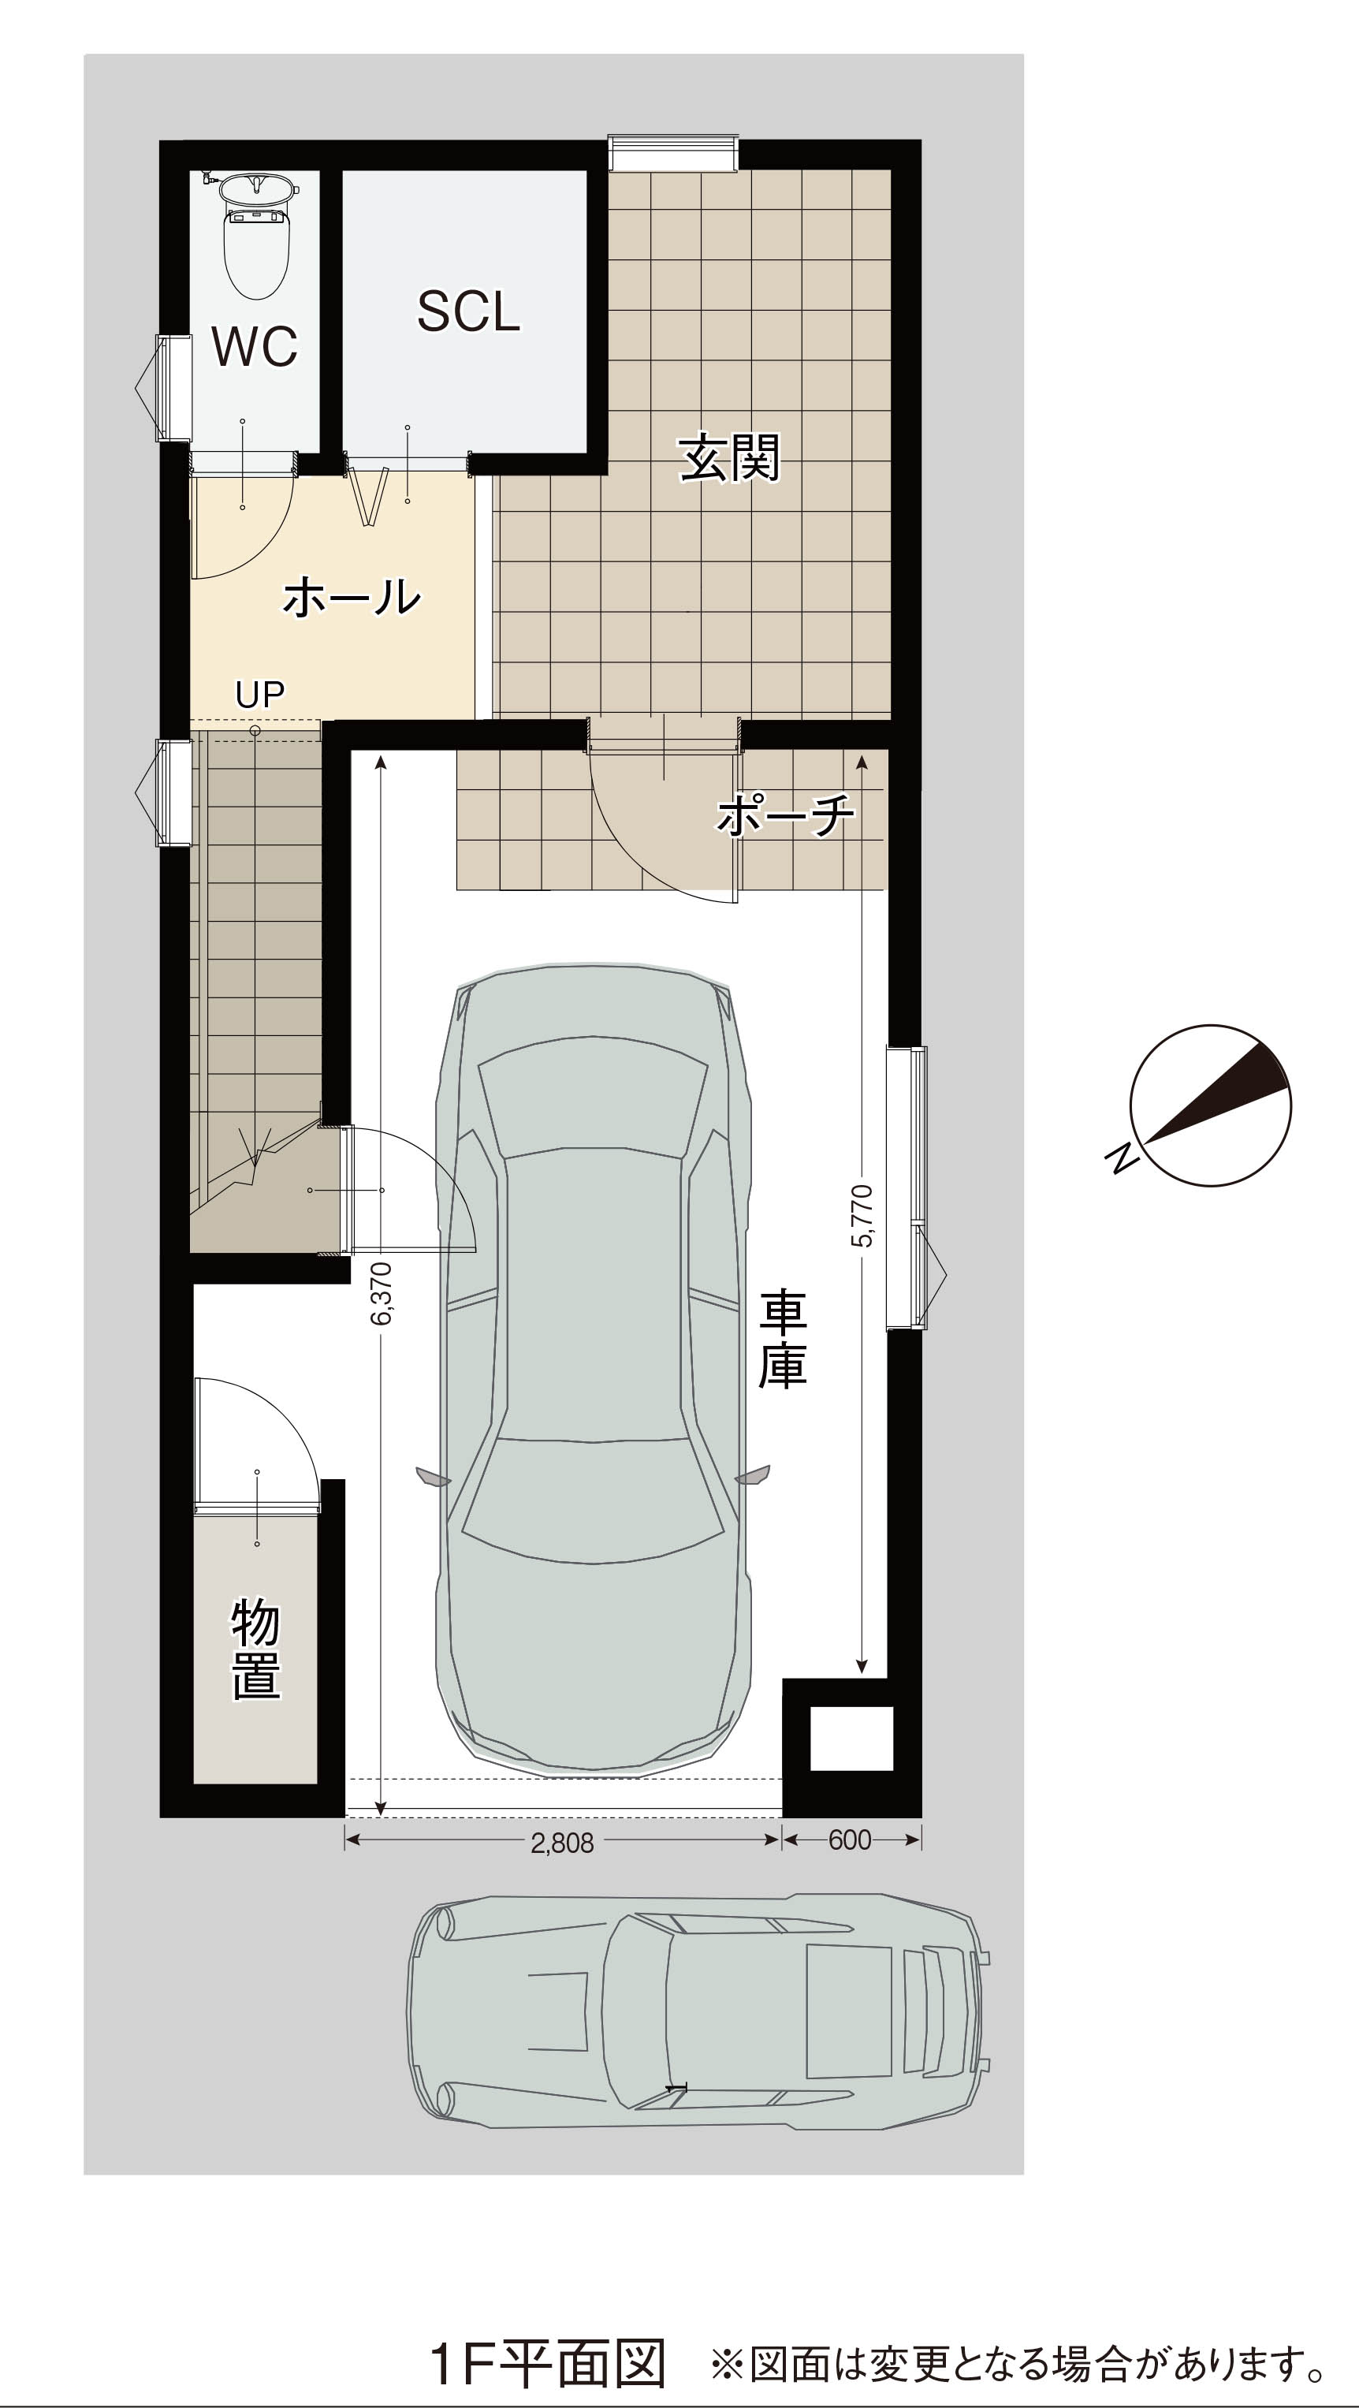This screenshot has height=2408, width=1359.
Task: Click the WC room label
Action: tap(255, 346)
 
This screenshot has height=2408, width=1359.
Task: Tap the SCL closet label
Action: tap(468, 311)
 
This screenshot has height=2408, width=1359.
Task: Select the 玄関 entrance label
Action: tap(729, 457)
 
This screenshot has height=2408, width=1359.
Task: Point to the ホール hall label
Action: tap(352, 595)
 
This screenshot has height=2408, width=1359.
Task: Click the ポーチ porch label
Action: tap(786, 814)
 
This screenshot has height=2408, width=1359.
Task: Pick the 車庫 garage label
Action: tap(782, 1340)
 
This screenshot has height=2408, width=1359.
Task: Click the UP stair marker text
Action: tap(260, 695)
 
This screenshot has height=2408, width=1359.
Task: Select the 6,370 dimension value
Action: tap(382, 1294)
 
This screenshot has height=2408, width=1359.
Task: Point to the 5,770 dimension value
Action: tap(862, 1215)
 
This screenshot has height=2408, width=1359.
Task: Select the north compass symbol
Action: tap(1210, 1106)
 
